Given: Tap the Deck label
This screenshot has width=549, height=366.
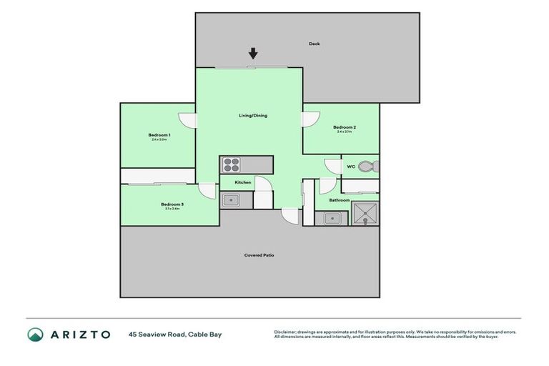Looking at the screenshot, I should click(315, 44).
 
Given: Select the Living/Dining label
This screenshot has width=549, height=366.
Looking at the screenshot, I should click(253, 115).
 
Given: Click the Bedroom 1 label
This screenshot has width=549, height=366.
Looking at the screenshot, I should click(159, 135).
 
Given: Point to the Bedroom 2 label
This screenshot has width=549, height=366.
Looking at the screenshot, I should click(345, 127).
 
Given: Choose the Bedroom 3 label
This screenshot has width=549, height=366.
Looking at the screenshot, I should click(172, 204).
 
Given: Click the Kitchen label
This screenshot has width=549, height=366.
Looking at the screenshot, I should click(243, 182).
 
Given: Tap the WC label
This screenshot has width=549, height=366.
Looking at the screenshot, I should click(351, 167).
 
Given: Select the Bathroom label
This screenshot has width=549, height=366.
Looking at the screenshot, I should click(340, 200).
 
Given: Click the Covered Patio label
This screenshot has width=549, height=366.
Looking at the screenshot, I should click(259, 255).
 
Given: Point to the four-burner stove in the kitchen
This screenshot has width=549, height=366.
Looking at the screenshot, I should click(231, 164).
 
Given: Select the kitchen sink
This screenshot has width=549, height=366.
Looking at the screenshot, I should click(230, 200).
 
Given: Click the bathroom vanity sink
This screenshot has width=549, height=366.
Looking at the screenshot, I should click(332, 218).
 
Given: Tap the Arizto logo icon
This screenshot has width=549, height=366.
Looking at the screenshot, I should click(35, 334).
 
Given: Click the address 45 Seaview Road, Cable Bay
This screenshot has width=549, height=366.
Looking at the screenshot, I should click(175, 335).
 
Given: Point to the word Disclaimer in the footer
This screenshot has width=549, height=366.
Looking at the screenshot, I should click(286, 332).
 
